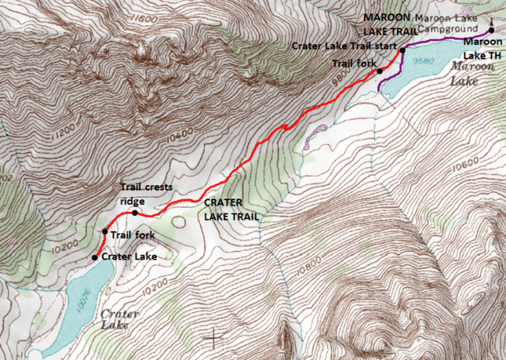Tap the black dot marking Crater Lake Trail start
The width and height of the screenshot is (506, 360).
(x=402, y=51)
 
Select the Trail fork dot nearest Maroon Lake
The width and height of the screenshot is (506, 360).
(x=379, y=71)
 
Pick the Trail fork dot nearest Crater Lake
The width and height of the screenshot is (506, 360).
(x=104, y=232)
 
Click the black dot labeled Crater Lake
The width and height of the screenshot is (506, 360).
(x=94, y=257)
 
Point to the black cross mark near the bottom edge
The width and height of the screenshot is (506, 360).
(x=213, y=338)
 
